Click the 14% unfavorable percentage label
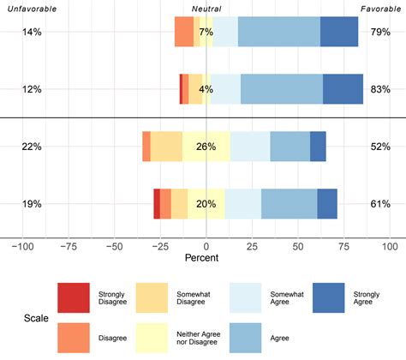(33, 32)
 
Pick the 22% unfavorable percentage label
(33, 147)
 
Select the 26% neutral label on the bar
(206, 147)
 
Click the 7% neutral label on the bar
(206, 32)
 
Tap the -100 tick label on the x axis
(22, 245)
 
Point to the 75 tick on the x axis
(343, 245)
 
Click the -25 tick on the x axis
(159, 245)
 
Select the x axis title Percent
(206, 257)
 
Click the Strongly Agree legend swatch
(328, 297)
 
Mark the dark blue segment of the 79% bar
(339, 32)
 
